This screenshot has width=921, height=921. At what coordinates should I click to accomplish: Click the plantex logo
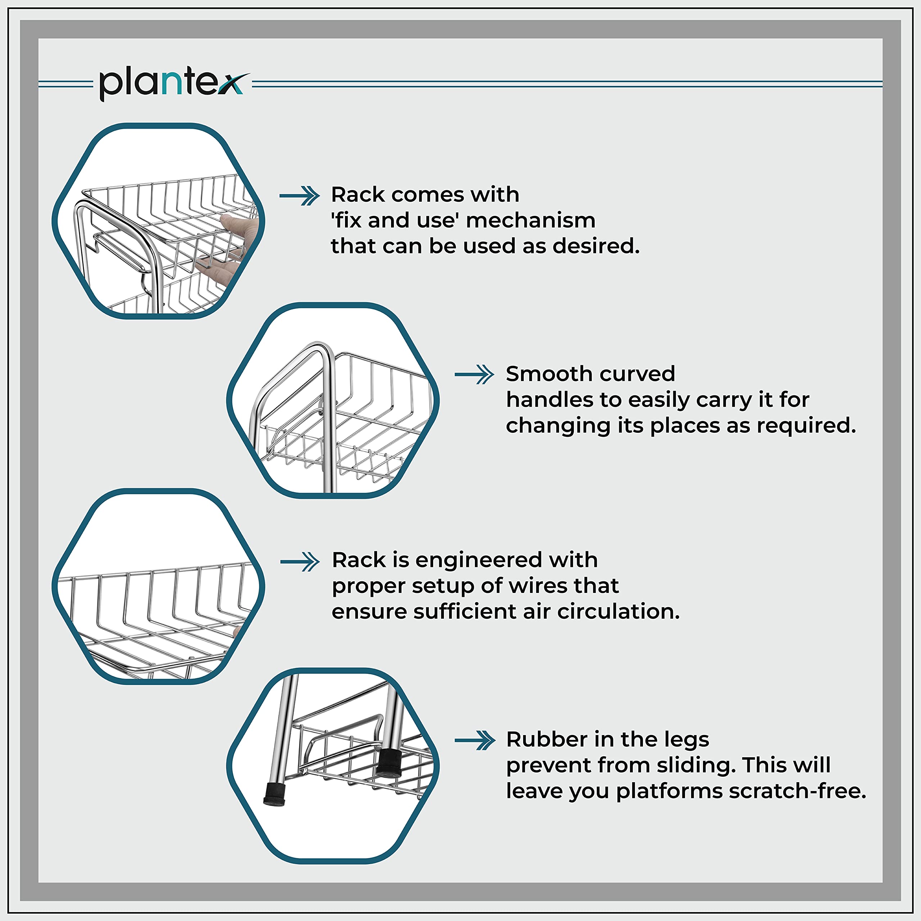click(x=174, y=83)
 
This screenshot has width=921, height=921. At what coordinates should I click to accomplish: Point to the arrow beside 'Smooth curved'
click(x=474, y=375)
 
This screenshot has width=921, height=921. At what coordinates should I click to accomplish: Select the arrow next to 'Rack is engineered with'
click(x=300, y=562)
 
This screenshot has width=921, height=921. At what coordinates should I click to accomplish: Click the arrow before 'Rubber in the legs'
click(x=475, y=740)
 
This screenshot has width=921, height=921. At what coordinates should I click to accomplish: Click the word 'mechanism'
click(x=531, y=221)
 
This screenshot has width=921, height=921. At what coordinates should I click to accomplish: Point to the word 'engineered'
click(x=478, y=561)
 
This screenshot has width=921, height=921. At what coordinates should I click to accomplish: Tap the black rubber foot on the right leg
click(x=389, y=763)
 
